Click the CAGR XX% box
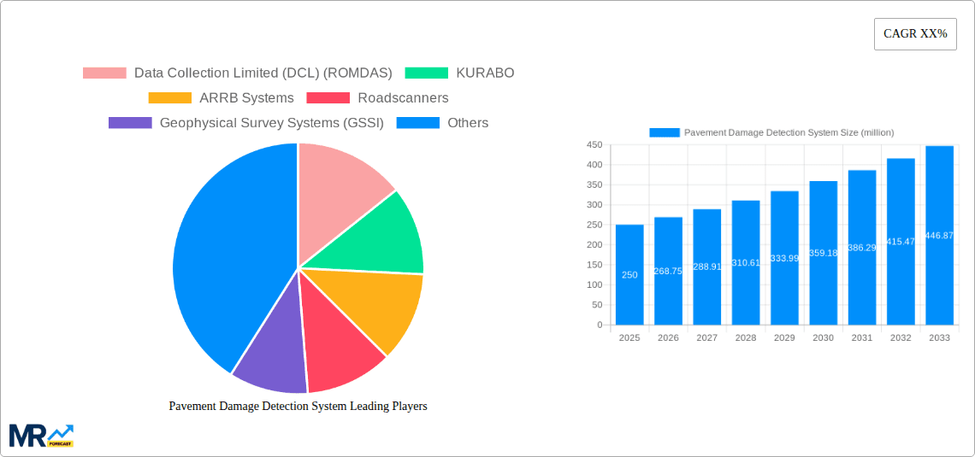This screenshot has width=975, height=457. pos(915,34)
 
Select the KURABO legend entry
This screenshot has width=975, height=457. pos(460,73)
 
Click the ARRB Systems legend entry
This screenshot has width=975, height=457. pos(222,98)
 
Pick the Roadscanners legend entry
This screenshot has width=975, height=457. pos(377,98)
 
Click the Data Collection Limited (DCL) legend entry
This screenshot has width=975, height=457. pos(238,73)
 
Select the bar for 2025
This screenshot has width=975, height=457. pos(629,274)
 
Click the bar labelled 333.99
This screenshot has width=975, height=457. pos(784,258)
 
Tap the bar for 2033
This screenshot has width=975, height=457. pos(939,236)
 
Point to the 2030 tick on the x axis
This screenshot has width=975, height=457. pos(823,338)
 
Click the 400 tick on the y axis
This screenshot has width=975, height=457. pos(594,165)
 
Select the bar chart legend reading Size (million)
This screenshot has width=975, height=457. pos(771,132)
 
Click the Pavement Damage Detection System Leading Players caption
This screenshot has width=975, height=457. pos(298,407)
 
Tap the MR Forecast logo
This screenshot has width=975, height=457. pos(41,435)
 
